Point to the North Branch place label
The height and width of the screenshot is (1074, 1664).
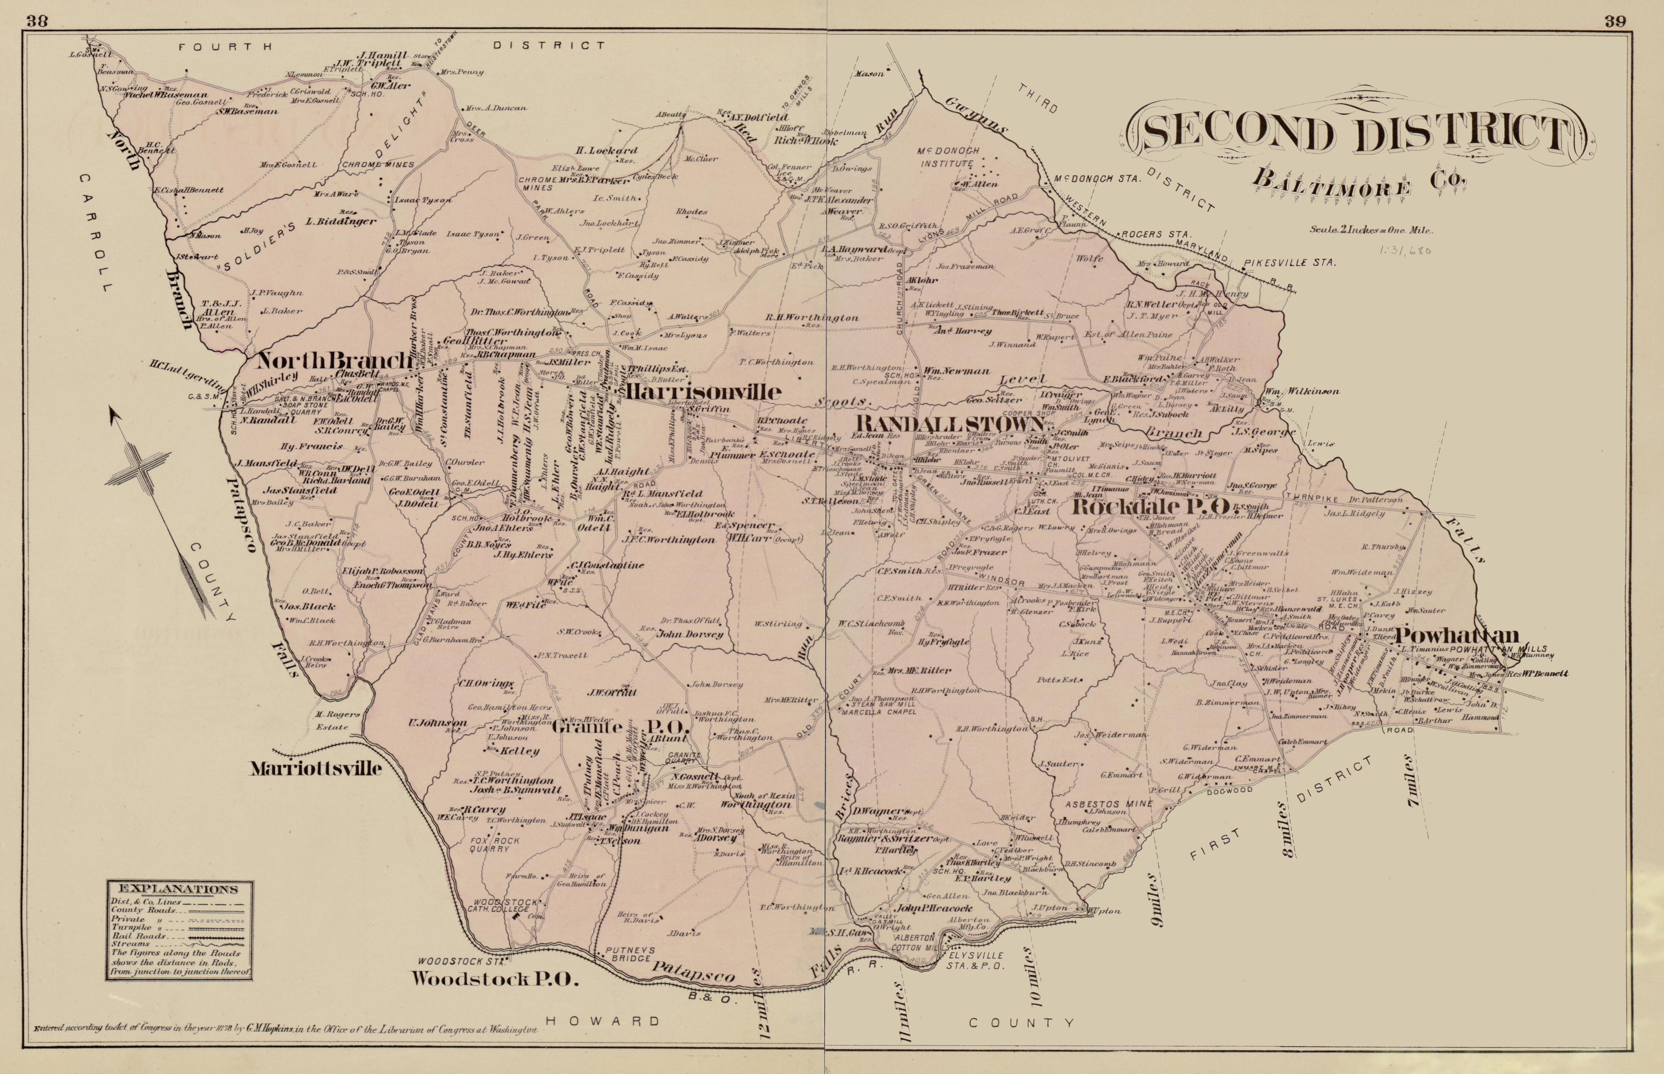(334, 361)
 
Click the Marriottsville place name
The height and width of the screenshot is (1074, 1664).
(316, 769)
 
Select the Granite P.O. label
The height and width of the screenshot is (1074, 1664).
(620, 728)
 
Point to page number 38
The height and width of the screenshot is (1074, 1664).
(36, 20)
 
